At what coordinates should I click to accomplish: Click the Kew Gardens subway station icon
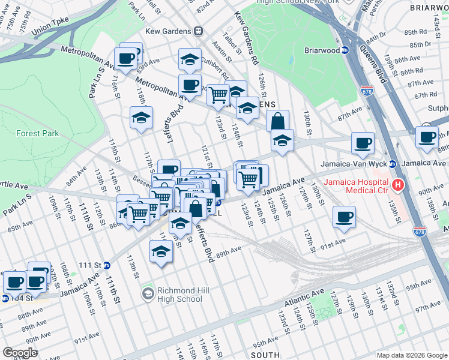tap(197, 31)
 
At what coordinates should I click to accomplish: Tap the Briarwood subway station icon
tap(346, 50)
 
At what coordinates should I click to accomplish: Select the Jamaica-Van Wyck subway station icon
tap(392, 164)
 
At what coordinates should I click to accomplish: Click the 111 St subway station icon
tap(106, 265)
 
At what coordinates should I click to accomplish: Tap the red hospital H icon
tap(397, 184)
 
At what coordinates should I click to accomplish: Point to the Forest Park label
tap(38, 133)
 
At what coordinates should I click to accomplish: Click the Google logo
tap(20, 352)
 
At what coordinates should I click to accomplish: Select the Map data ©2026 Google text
tap(411, 355)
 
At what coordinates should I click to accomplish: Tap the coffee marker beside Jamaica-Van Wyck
tap(363, 143)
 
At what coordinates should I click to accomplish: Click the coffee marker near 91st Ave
tap(344, 217)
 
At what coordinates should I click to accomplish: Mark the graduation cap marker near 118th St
tap(141, 118)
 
